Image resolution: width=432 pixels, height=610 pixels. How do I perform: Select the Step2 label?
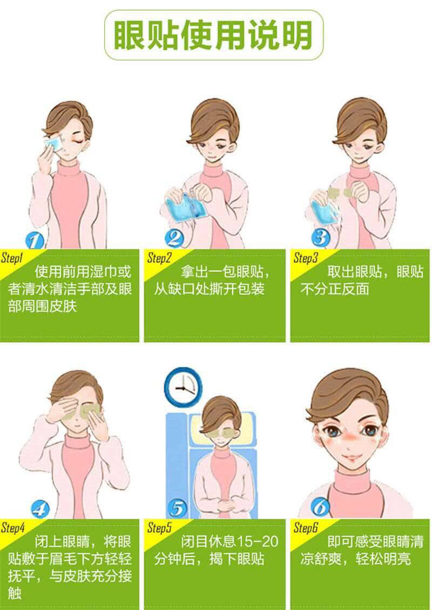tap(159, 258)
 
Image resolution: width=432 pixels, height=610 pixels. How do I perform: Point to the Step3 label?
tap(306, 258)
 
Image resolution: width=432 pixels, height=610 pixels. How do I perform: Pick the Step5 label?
tap(159, 527)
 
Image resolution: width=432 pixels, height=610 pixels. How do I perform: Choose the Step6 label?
tap(306, 527)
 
